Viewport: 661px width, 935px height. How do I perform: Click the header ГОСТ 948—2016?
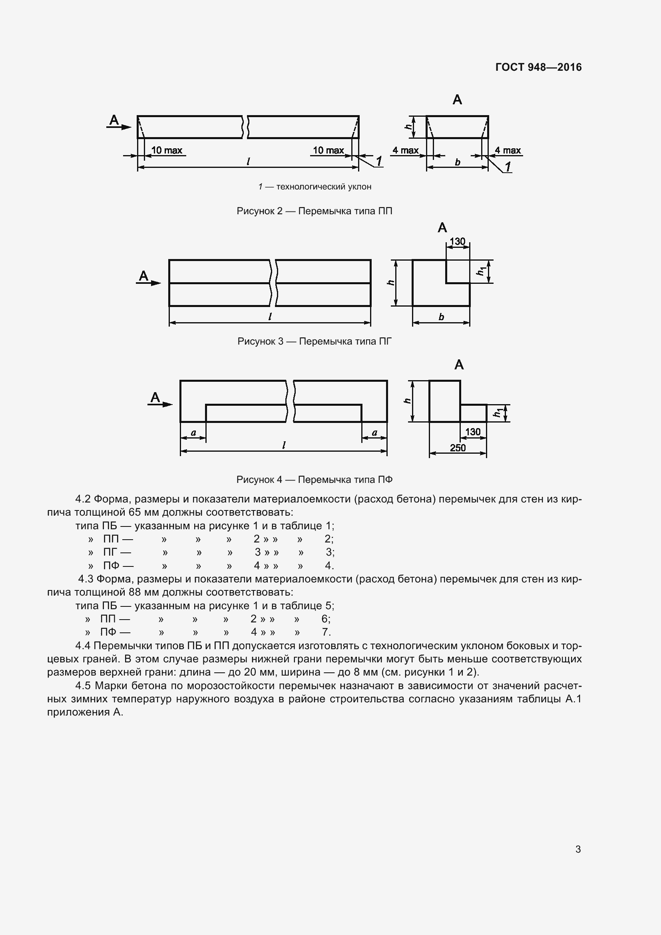[538, 67]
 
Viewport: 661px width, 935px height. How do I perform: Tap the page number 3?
[578, 849]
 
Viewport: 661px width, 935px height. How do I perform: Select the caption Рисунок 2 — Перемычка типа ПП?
[314, 211]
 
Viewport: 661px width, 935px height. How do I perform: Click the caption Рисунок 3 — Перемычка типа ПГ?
[314, 341]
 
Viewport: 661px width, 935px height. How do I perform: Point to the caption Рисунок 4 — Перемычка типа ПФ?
[314, 480]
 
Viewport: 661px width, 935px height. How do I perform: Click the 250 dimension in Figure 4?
[458, 448]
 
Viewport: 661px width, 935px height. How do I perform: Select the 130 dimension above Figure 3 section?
[457, 241]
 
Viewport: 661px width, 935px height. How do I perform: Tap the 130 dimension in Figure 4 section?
[472, 432]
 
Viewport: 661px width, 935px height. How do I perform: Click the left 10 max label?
[167, 150]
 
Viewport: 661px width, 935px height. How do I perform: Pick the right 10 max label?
[328, 150]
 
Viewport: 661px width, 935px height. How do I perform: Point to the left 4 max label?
[405, 150]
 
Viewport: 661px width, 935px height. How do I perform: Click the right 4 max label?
[508, 150]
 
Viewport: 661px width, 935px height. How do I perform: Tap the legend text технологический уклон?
[324, 187]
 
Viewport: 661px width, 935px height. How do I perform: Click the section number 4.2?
[83, 499]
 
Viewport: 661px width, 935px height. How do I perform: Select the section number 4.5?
[83, 686]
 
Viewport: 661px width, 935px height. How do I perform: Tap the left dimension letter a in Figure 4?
[193, 433]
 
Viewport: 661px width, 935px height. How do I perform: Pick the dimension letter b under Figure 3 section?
[441, 317]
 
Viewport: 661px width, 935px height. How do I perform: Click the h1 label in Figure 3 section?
[482, 271]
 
